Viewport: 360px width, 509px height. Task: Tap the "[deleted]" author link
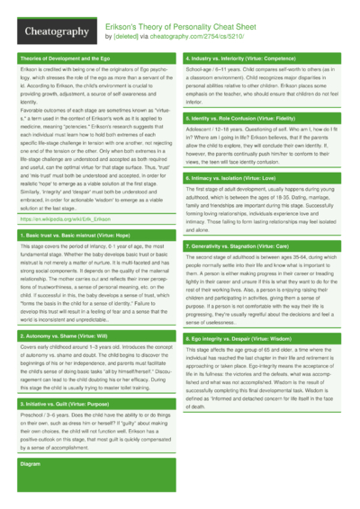pyautogui.click(x=124, y=38)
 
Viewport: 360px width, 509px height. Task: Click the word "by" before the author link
pyautogui.click(x=108, y=38)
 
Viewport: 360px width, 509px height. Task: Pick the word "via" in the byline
pyautogui.click(x=144, y=38)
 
